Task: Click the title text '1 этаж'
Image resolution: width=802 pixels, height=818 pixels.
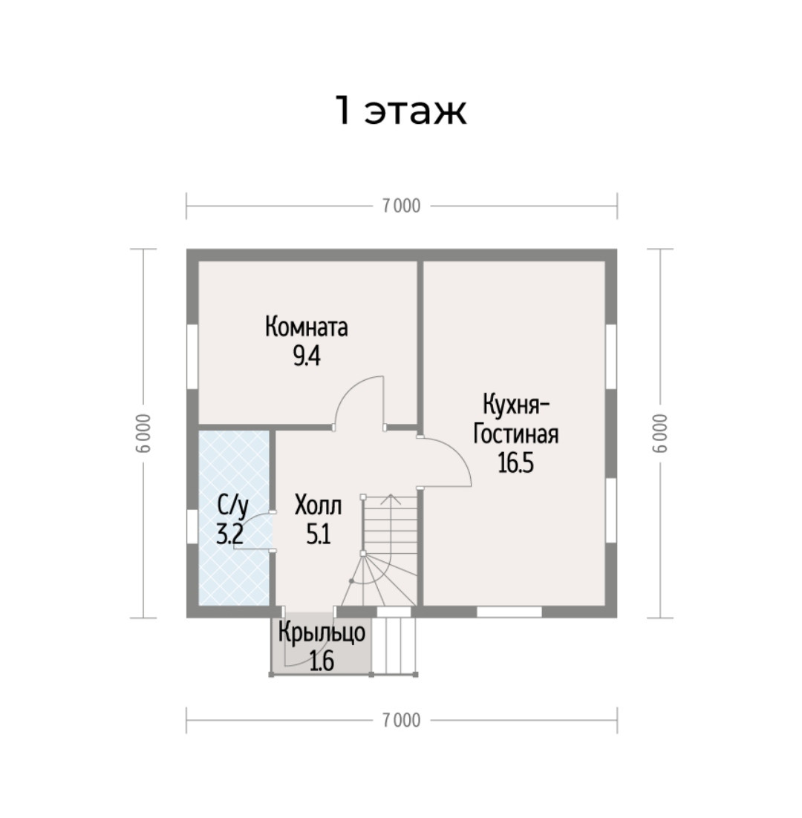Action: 400,111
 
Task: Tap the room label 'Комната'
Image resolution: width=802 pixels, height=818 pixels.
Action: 306,327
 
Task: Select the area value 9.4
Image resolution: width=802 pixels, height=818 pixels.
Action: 306,357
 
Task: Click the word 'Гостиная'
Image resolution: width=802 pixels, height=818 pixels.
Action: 515,434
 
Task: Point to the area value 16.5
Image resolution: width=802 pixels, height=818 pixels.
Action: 515,463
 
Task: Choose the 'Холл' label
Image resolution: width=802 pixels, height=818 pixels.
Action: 319,505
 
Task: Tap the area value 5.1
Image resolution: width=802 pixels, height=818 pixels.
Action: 319,534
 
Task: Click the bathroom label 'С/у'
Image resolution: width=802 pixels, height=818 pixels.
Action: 232,506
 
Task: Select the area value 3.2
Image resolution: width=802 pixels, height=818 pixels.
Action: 230,534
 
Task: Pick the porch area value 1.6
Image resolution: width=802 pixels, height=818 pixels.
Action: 322,661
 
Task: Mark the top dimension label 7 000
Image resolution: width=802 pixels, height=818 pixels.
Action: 401,206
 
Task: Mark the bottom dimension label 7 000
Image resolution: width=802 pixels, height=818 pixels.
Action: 401,721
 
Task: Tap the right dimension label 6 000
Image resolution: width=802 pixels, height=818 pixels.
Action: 660,433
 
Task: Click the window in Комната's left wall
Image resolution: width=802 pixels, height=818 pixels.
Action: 192,356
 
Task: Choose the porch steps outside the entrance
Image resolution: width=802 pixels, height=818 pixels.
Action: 395,646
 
